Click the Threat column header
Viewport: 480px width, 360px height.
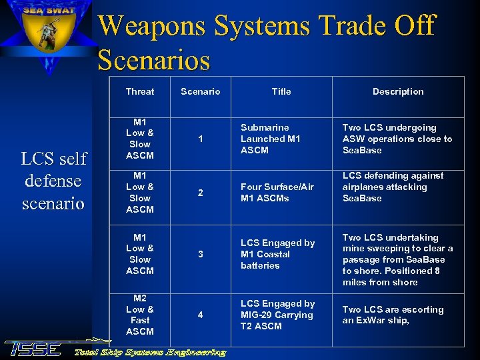click(139, 91)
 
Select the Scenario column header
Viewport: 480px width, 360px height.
click(200, 91)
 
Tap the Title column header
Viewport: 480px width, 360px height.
click(281, 91)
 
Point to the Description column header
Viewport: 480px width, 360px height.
click(397, 91)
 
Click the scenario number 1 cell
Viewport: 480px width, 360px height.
click(200, 139)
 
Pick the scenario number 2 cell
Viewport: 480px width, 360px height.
click(200, 193)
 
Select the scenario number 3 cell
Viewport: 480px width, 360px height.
click(200, 254)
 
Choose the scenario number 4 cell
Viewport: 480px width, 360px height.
click(200, 315)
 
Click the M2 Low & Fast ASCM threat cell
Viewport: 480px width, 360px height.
click(139, 315)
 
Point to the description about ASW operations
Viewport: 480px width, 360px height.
click(397, 139)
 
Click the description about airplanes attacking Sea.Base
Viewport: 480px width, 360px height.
click(392, 187)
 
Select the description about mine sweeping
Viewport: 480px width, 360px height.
click(397, 259)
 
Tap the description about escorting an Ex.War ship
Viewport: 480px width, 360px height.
click(393, 315)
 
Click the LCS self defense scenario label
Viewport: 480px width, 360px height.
click(53, 181)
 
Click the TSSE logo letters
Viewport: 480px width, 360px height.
click(33, 349)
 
